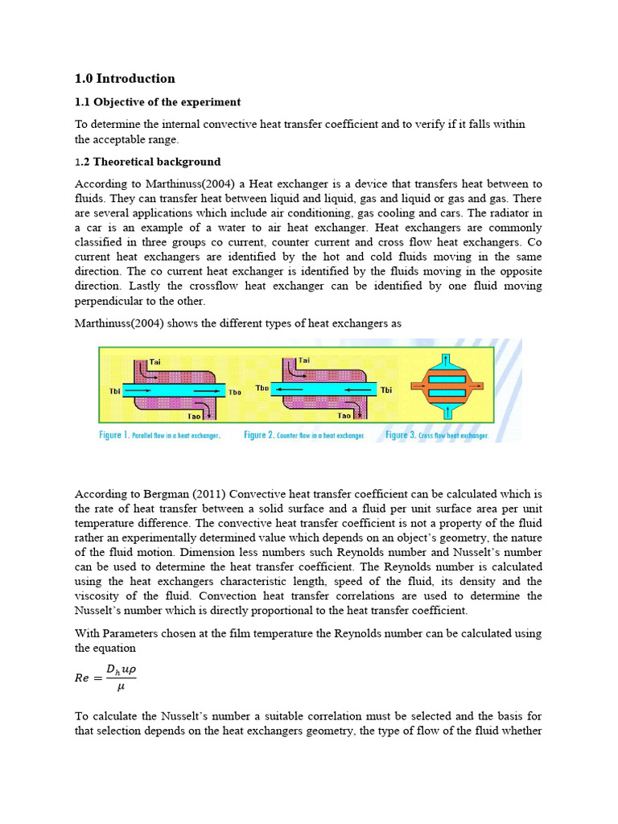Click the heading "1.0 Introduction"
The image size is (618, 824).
coord(125,79)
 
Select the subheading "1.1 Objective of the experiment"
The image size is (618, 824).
coord(158,102)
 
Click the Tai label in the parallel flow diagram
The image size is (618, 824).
coord(155,362)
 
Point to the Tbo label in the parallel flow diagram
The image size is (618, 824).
coord(234,393)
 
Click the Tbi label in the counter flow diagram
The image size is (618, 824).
coord(387,390)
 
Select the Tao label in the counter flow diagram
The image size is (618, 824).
coord(344,416)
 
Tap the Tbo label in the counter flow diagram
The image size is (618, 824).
coord(262,388)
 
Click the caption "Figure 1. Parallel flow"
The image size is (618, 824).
coord(159,435)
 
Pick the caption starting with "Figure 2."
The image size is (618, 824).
coord(304,435)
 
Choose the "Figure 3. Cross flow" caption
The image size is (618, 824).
coord(437,435)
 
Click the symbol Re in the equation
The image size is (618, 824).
coord(82,678)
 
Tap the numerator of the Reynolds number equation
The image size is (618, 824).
coord(119,668)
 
